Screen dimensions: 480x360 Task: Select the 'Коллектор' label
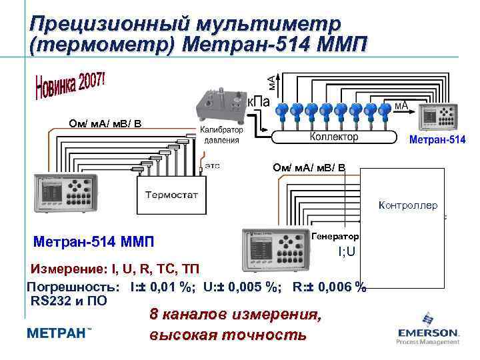[333, 136]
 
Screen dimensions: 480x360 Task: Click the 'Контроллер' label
[407, 205]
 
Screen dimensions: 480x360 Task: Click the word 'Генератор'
[335, 237]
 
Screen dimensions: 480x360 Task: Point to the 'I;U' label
[347, 251]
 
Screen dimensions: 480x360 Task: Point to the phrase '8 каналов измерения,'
[235, 315]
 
